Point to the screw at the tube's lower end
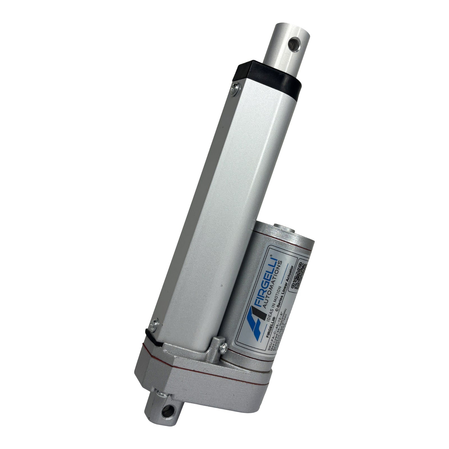tap(154, 324)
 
